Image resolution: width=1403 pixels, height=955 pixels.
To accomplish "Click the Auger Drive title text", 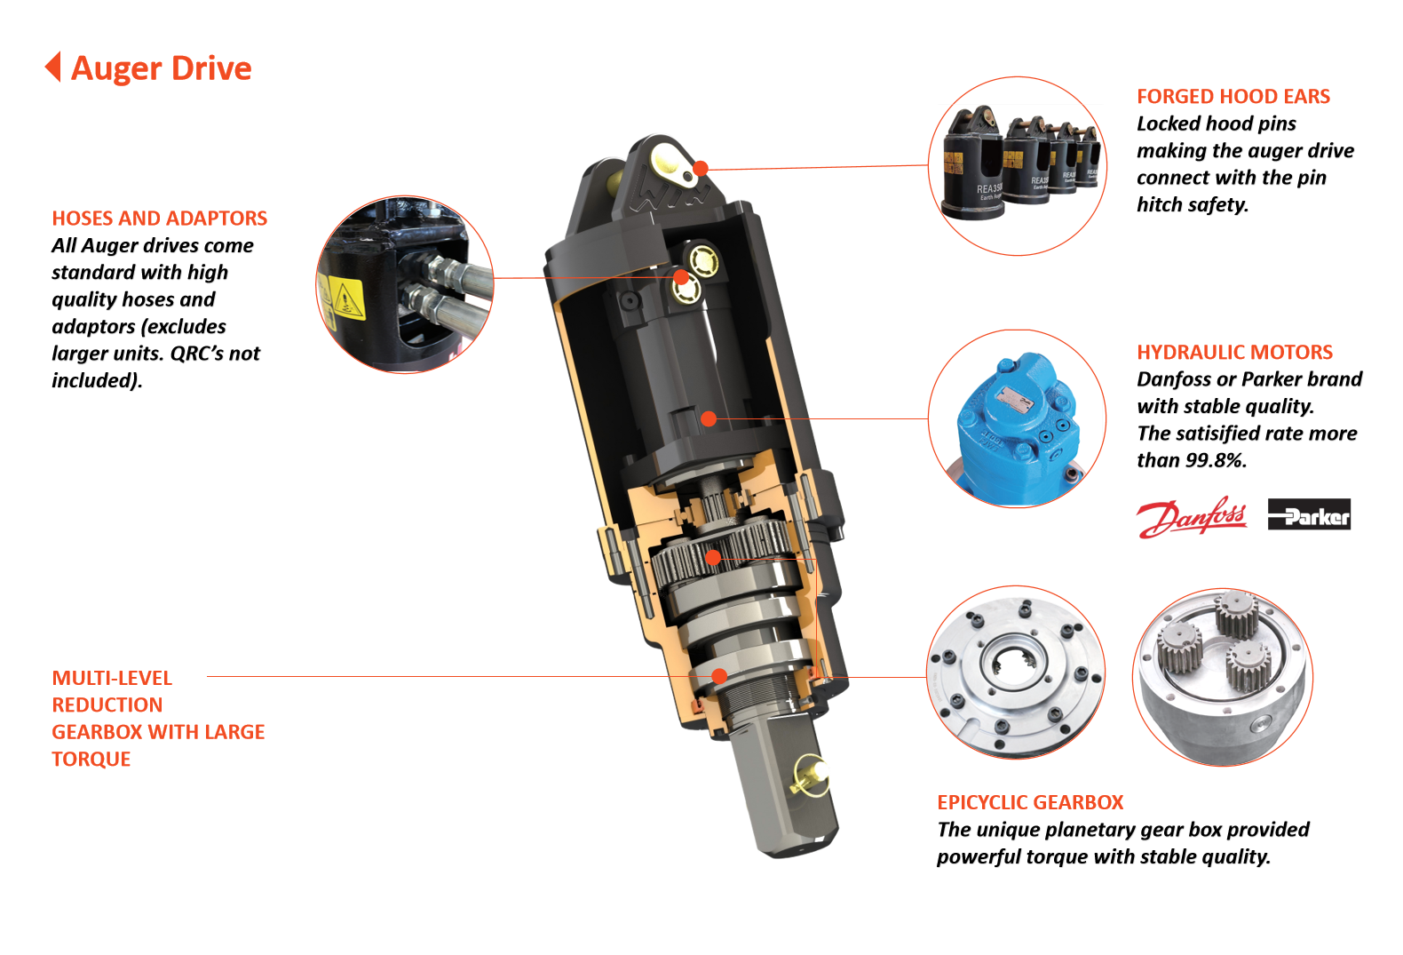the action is [161, 68].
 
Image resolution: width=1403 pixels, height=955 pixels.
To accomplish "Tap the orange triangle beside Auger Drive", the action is [54, 67].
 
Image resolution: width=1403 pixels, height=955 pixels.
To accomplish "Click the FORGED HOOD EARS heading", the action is [1233, 97].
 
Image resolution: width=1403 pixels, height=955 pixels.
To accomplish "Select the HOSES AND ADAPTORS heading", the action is [160, 218].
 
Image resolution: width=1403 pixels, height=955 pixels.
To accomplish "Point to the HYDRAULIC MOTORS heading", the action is [1234, 352].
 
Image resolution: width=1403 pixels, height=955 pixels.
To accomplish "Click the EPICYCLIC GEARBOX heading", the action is [1030, 802].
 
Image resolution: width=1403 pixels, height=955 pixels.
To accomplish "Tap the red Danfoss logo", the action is [1192, 517].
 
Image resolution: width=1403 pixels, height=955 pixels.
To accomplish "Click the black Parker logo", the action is [1309, 514].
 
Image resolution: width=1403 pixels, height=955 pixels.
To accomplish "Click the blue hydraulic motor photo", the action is [1018, 418].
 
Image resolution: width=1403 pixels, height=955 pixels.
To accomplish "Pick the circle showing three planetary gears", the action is [1223, 677].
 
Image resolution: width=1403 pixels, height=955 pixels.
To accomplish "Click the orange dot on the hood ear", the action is [701, 169].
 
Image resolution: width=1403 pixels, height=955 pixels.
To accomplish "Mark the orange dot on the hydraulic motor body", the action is [709, 418].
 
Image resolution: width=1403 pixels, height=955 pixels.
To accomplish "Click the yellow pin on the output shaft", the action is [810, 777].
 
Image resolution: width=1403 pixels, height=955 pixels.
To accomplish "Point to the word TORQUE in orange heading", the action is [91, 759].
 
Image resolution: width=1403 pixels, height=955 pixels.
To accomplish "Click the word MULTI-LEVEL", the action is [112, 678].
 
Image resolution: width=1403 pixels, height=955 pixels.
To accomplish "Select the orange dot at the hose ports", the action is [681, 277].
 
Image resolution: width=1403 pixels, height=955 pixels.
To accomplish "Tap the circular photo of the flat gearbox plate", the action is [1016, 672].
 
